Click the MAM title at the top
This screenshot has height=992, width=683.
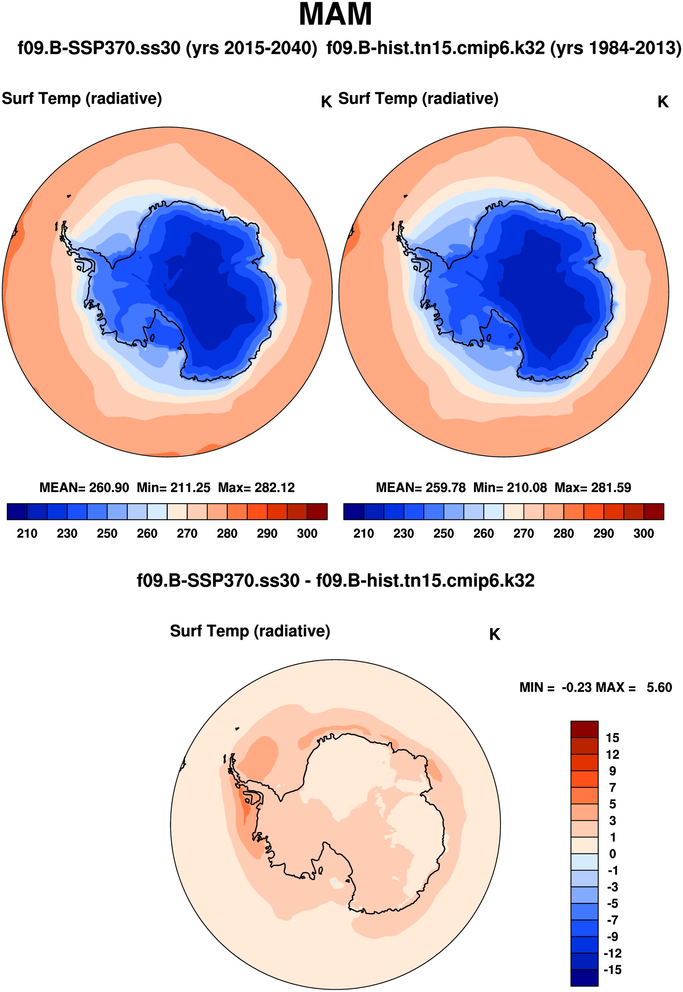click(x=335, y=15)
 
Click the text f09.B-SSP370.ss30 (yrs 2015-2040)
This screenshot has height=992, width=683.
click(x=167, y=48)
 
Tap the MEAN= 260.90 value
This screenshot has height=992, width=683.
click(x=84, y=488)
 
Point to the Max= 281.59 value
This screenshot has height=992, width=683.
click(x=593, y=488)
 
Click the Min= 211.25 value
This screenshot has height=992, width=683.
click(x=174, y=488)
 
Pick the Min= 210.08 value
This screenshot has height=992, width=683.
click(x=510, y=488)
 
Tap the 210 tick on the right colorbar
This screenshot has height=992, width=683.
click(x=363, y=534)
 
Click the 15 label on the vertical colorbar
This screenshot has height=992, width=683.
click(x=612, y=738)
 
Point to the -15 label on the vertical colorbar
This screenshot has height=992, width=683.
click(x=612, y=970)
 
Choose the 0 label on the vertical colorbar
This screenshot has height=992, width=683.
click(x=612, y=854)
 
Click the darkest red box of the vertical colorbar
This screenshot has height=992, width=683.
click(x=584, y=729)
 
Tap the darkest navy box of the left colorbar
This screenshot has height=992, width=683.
click(x=17, y=511)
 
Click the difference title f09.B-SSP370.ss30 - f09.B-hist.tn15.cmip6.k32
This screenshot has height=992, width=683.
click(x=335, y=581)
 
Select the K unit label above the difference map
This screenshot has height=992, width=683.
click(x=495, y=635)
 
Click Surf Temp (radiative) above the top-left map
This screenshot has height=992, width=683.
click(x=82, y=99)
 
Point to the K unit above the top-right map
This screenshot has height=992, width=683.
click(x=663, y=102)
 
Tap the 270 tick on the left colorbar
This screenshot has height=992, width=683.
click(x=187, y=534)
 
